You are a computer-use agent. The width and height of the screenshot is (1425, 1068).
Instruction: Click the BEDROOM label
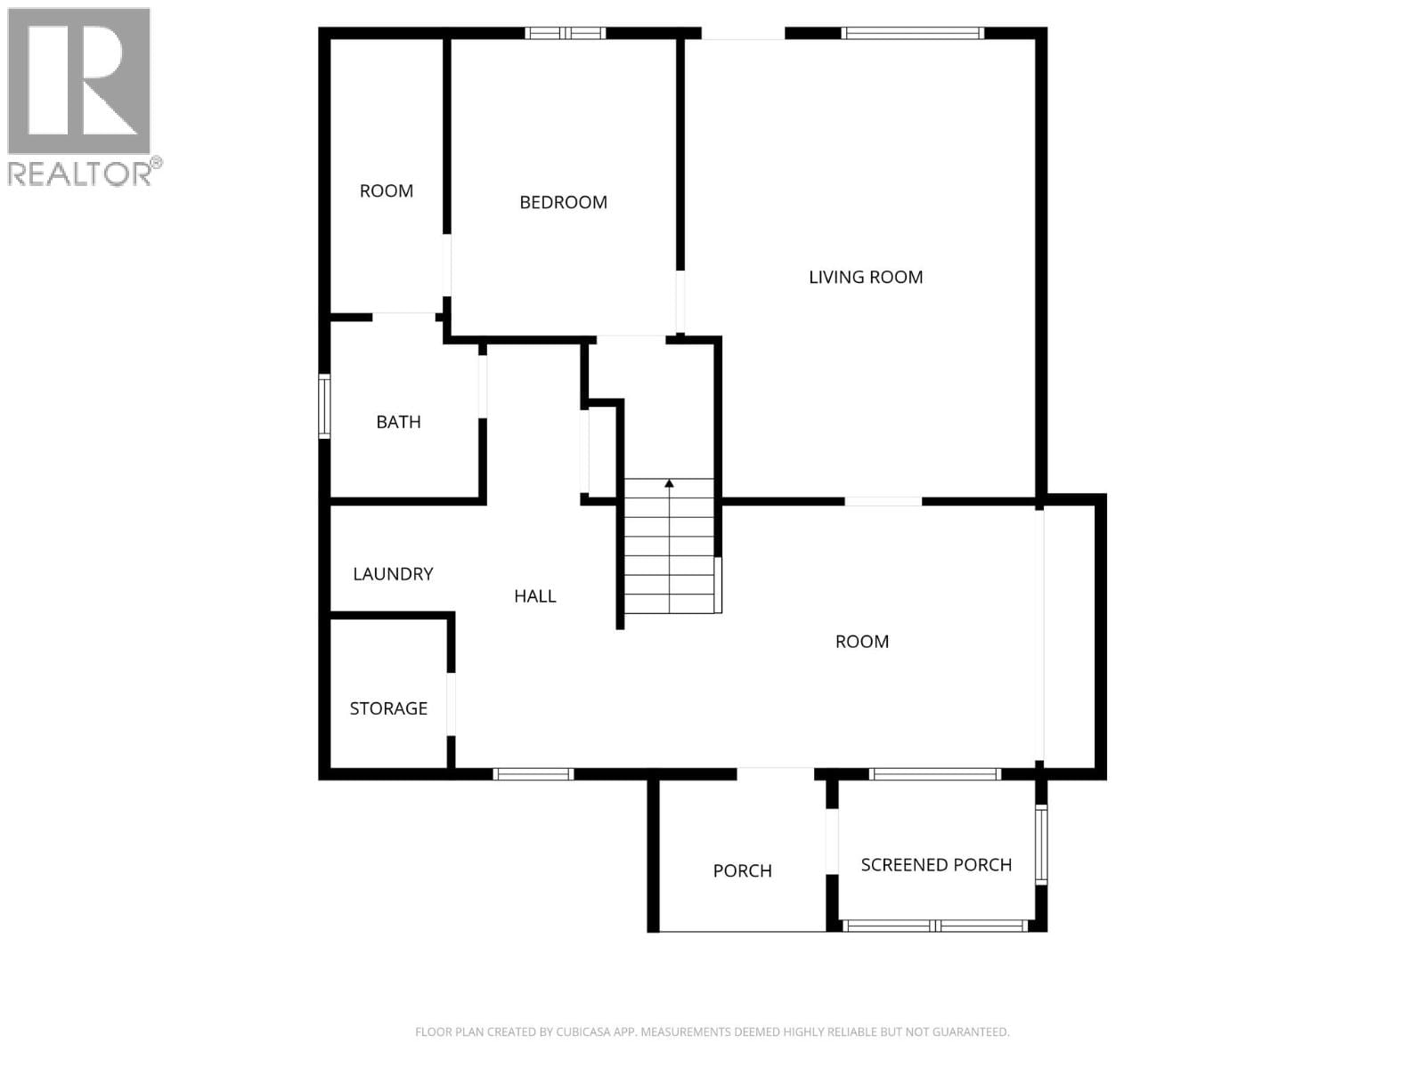563,202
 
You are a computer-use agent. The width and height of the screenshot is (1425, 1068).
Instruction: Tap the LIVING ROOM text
865,277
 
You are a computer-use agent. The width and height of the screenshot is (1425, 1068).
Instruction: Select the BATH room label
398,422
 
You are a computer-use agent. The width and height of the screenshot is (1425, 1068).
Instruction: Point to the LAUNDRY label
393,574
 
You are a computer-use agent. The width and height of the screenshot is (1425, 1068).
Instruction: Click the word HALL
534,596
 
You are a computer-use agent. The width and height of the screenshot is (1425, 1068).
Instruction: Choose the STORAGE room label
388,708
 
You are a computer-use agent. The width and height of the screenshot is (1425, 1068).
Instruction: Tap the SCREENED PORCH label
936,865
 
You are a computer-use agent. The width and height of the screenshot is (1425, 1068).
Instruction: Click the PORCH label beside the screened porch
742,871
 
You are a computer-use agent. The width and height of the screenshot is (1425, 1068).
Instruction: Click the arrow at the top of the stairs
669,484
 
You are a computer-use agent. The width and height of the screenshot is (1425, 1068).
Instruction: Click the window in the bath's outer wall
325,406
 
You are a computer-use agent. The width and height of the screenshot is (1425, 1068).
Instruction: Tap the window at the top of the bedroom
565,34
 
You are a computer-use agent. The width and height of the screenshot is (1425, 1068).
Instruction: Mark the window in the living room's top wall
912,34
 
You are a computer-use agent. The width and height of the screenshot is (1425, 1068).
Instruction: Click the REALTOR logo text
80,174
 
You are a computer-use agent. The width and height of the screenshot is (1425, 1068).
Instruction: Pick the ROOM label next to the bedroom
386,190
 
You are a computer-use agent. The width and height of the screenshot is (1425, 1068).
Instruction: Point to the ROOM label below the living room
861,642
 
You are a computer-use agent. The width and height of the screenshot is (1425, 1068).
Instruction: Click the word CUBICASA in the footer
583,1032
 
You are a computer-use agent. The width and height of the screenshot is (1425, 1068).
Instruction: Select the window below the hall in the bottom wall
533,774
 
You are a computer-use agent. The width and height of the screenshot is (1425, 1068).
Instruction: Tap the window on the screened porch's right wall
1041,844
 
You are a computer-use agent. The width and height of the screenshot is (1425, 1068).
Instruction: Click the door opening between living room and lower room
883,502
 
